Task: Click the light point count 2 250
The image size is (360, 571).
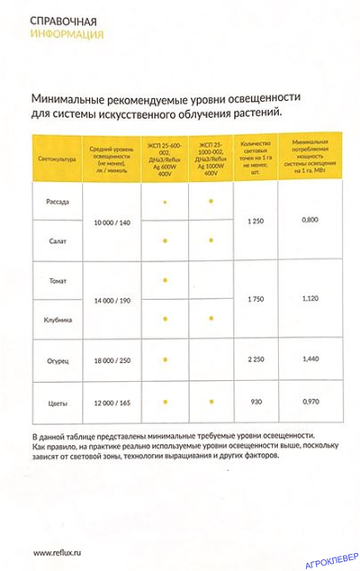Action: tap(256, 358)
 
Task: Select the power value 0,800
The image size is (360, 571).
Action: tap(310, 221)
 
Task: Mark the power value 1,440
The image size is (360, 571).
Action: tap(310, 358)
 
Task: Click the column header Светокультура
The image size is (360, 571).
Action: tap(58, 159)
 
